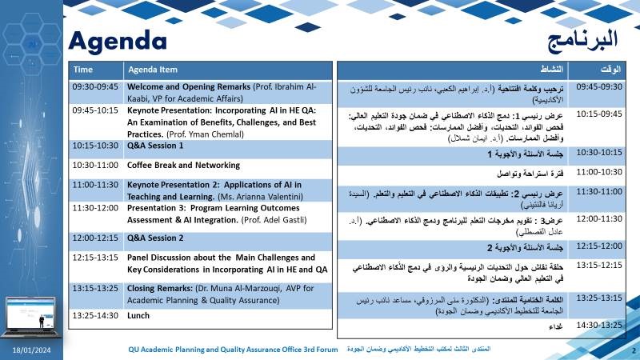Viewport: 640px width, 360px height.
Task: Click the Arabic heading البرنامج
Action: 582,38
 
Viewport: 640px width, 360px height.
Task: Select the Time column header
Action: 83,70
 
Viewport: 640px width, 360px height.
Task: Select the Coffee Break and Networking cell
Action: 183,165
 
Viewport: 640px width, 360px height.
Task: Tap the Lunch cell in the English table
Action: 138,316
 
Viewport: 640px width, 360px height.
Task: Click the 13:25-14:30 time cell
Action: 94,316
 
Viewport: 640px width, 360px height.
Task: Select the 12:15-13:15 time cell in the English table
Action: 94,258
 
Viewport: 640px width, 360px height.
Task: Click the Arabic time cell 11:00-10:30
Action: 599,172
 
